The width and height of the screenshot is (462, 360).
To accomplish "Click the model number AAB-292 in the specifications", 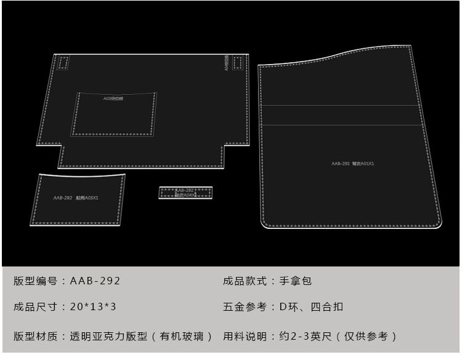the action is (x=95, y=281).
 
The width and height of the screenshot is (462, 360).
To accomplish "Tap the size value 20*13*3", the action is (x=92, y=306).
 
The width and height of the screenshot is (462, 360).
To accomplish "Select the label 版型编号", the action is (x=36, y=281).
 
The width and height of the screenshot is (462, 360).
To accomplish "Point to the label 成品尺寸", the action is (x=36, y=306).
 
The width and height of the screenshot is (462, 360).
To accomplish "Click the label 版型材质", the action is (x=36, y=336).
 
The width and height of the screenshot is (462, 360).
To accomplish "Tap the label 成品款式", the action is (x=245, y=281).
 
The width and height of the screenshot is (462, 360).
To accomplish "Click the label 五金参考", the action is (x=245, y=306).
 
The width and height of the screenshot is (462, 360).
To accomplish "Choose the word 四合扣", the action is (x=327, y=306).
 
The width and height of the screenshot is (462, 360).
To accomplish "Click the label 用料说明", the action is (x=245, y=336).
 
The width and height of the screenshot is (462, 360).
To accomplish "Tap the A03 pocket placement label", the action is (x=113, y=98).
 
